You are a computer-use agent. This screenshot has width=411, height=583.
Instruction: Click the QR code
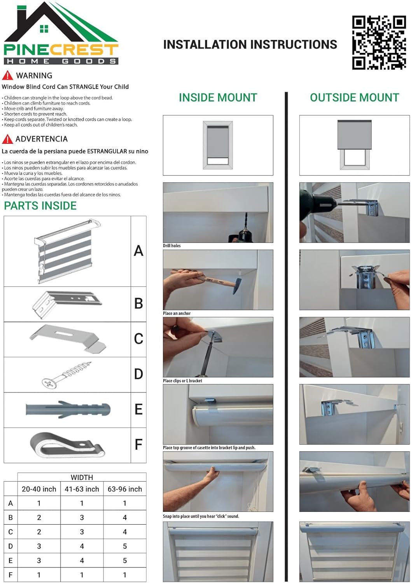[x=379, y=42]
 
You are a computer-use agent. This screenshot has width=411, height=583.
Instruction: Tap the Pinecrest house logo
[x=61, y=33]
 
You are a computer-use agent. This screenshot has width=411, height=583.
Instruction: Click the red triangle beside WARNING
[x=7, y=75]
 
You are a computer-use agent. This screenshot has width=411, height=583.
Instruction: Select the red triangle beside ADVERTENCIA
[x=7, y=139]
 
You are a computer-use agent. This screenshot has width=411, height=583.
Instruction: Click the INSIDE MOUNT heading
[x=218, y=98]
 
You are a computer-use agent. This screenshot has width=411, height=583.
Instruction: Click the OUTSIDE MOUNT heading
[x=354, y=98]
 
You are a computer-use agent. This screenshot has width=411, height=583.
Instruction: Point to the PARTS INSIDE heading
[x=40, y=206]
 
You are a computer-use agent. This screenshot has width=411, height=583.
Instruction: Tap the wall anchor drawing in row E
[x=68, y=410]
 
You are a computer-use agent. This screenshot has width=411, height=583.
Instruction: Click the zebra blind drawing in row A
[x=67, y=251]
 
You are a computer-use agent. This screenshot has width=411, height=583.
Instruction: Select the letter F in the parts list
[x=138, y=445]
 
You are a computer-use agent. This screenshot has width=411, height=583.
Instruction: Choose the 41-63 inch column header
[x=82, y=489]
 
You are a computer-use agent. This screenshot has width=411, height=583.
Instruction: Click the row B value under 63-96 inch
[x=125, y=517]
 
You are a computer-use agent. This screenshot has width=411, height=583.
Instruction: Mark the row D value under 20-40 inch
[x=39, y=546]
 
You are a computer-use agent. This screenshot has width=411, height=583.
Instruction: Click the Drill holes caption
[x=172, y=246]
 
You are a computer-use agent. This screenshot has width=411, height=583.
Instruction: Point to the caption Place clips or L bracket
[x=182, y=381]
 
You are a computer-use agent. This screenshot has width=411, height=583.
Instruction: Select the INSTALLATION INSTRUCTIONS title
[x=250, y=45]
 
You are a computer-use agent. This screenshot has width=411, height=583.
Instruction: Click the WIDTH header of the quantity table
[x=82, y=477]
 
